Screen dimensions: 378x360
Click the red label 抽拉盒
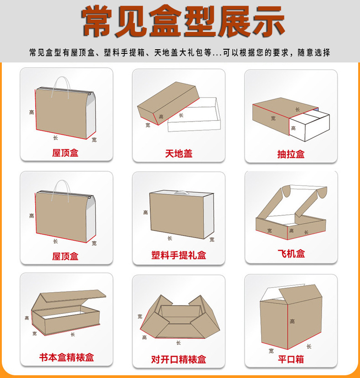291,154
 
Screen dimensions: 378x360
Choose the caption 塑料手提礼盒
179,255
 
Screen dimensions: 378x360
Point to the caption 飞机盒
291,254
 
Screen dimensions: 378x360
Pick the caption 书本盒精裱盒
67,357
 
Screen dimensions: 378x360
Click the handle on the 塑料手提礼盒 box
183,193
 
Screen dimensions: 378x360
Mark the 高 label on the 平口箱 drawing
292,321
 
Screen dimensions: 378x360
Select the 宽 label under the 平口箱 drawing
271,351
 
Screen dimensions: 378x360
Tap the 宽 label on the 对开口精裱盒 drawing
139,316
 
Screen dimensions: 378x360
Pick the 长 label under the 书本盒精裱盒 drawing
72,334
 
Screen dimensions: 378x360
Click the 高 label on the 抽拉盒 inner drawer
293,128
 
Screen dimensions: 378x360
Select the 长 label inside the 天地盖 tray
181,116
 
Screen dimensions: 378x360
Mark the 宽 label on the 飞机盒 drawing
270,231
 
